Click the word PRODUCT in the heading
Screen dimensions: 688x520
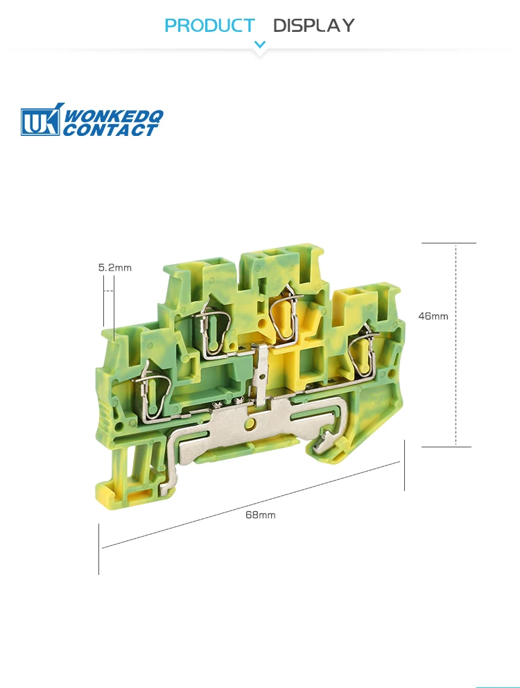[x=209, y=26]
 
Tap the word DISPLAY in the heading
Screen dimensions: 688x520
[x=313, y=26]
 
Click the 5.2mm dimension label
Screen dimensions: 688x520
[x=114, y=267]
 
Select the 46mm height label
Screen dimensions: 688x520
[x=433, y=316]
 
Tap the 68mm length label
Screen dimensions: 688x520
[x=260, y=515]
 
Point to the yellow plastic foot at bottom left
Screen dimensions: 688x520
[x=128, y=492]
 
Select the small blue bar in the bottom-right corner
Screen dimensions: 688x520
[x=496, y=686]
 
